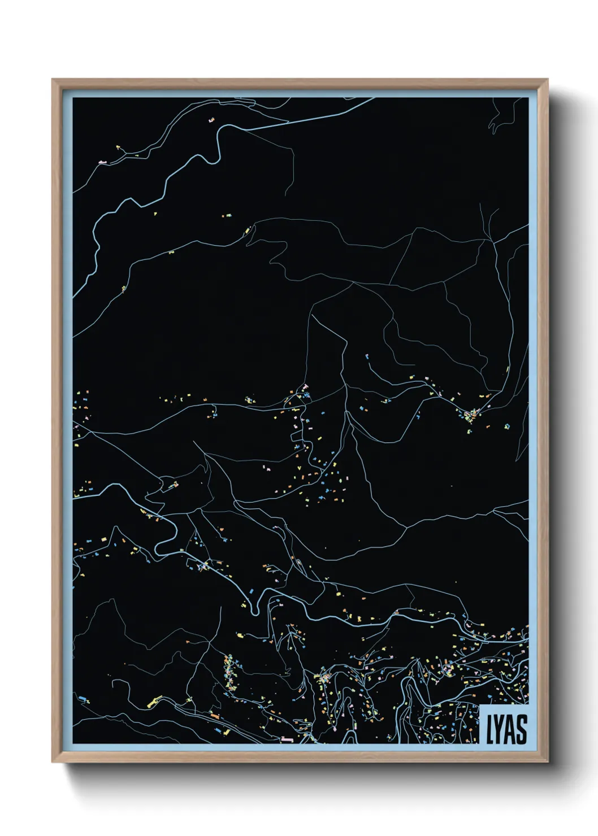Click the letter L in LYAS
(x=490, y=729)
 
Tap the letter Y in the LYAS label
(x=500, y=729)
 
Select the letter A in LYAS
(x=510, y=729)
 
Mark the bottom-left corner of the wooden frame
(x=53, y=761)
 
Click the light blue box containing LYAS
(x=505, y=725)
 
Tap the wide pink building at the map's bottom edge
(x=287, y=739)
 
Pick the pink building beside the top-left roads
(x=102, y=162)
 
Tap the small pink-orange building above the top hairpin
(x=212, y=120)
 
